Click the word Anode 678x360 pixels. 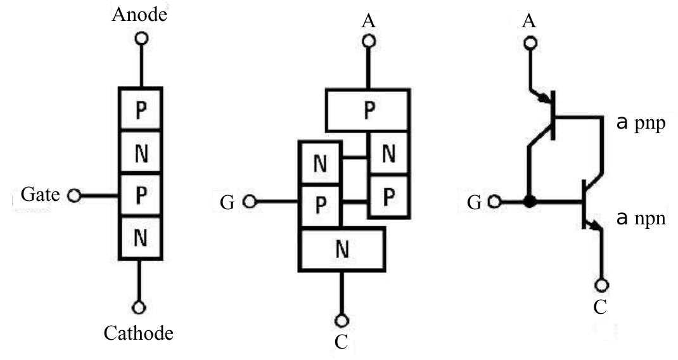139,15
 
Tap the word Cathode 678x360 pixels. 139,332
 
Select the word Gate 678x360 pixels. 40,195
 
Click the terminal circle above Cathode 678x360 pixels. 140,307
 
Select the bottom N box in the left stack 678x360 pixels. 141,238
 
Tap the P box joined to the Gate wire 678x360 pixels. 141,195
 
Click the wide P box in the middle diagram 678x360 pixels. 368,110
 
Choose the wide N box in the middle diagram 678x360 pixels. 342,250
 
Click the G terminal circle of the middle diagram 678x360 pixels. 251,202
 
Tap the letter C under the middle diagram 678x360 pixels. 342,342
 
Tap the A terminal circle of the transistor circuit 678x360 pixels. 530,44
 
